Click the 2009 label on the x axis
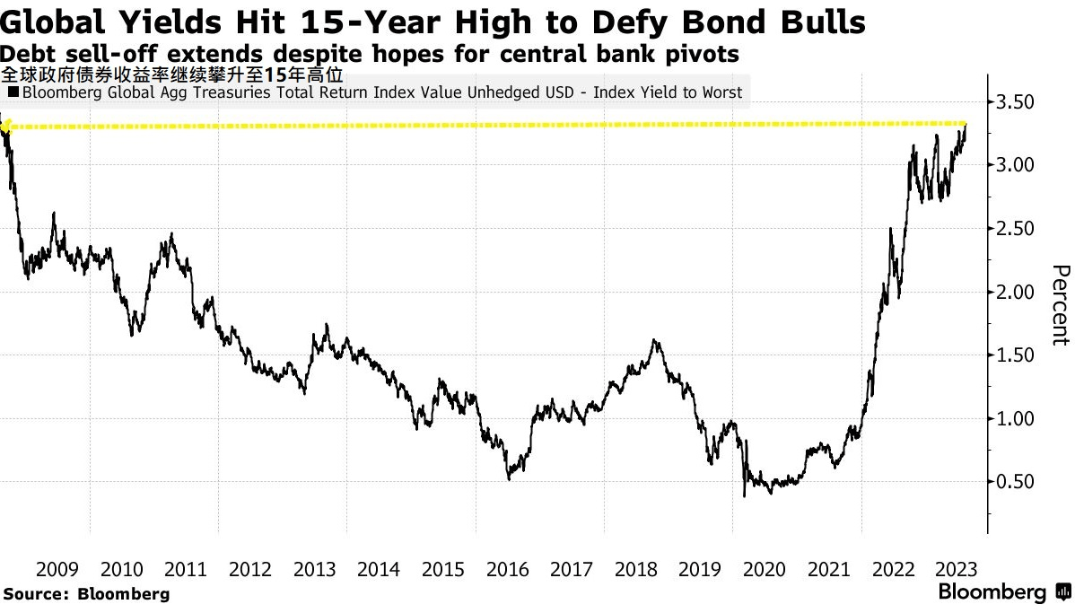[x=58, y=569]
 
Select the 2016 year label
[x=507, y=569]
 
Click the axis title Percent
[x=1060, y=304]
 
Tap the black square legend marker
[x=13, y=92]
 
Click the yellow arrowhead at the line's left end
[x=4, y=127]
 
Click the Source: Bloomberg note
[x=87, y=593]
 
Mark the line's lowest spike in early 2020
[x=744, y=495]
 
